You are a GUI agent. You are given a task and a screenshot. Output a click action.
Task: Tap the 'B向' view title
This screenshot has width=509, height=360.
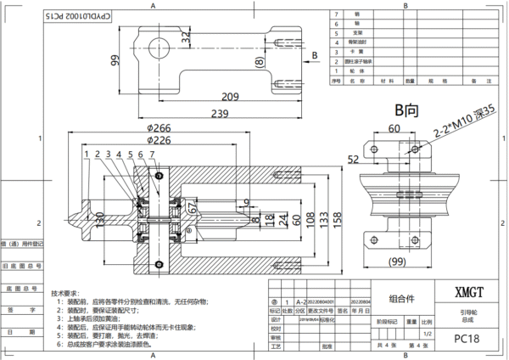(406, 110)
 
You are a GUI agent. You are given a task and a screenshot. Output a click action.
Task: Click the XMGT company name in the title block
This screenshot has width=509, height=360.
(469, 291)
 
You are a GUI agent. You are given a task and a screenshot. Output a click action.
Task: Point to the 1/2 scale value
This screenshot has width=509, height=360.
(426, 334)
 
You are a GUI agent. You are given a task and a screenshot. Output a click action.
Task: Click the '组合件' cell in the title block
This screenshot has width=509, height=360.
(402, 298)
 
